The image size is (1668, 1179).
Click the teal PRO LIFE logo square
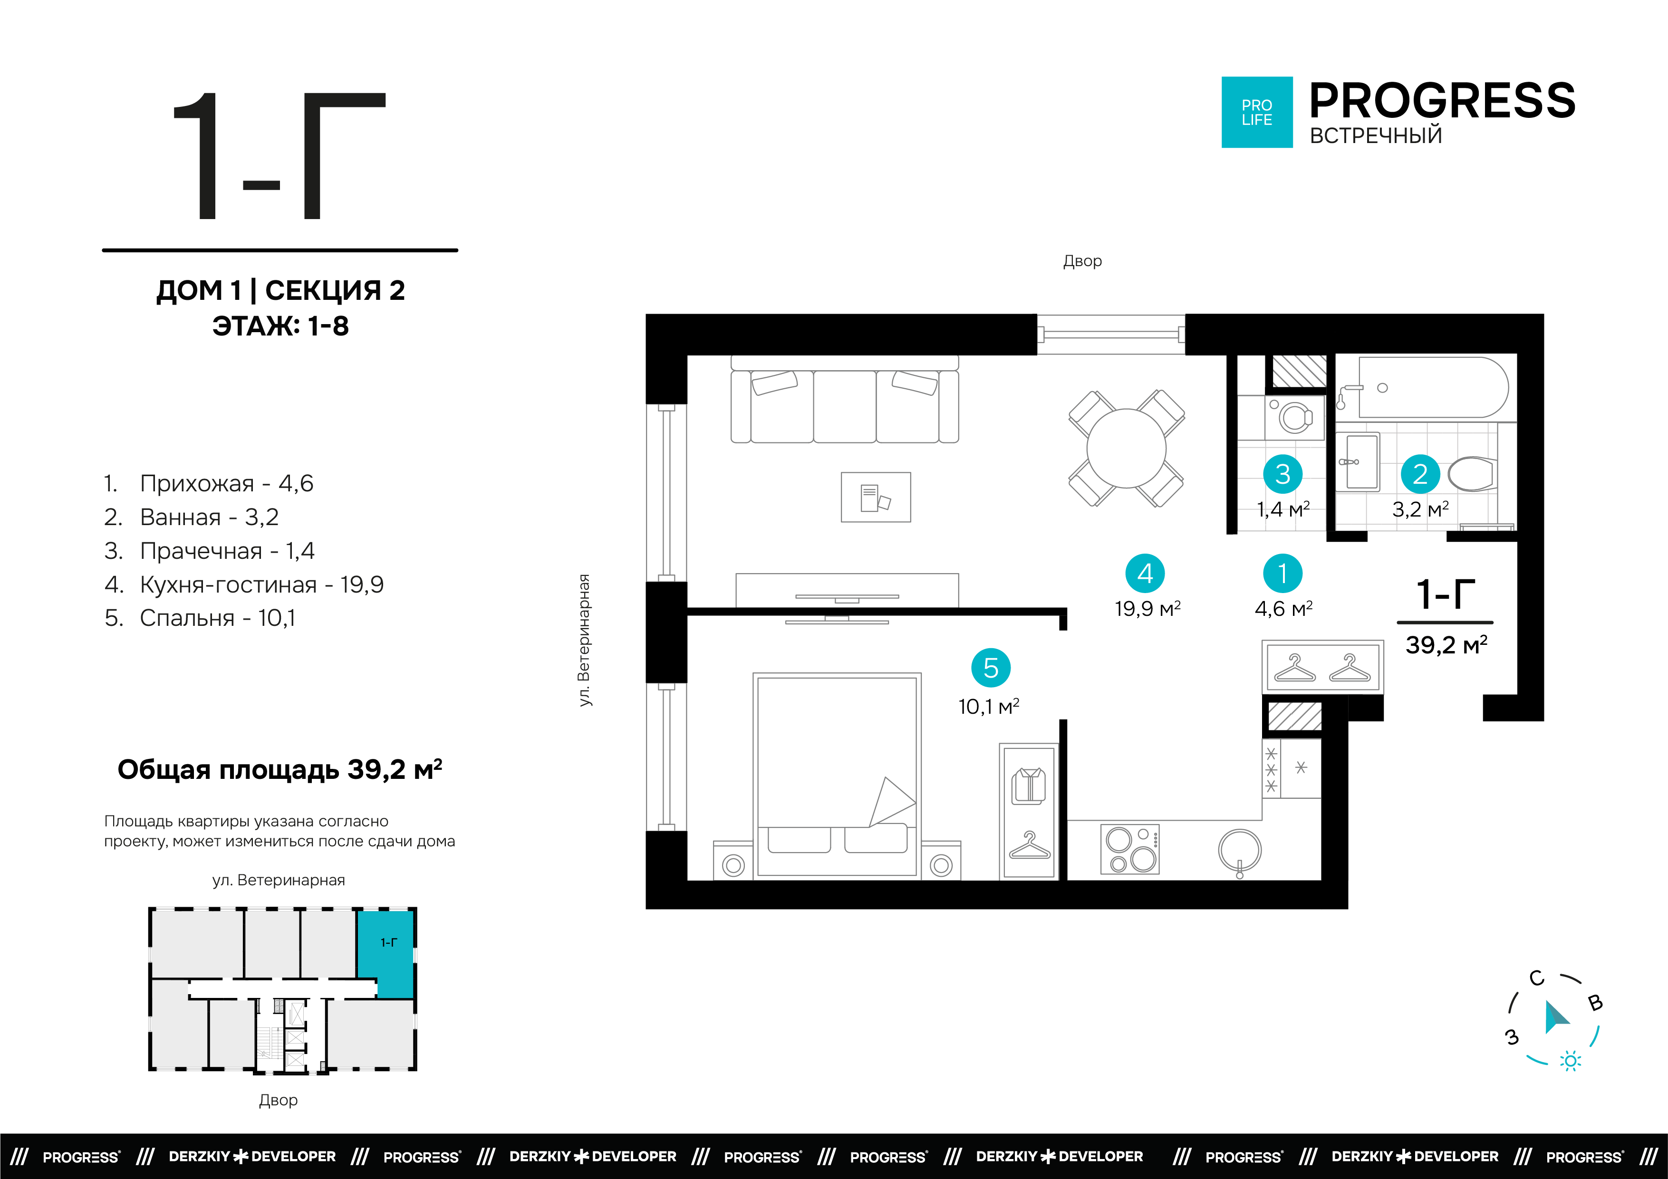(1257, 113)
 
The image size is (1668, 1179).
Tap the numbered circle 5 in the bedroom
(991, 668)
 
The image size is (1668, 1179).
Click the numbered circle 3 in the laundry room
(1283, 474)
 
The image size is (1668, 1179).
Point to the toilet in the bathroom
(1471, 474)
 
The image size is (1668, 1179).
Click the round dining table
(1126, 448)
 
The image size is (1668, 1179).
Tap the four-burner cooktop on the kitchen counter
(1130, 848)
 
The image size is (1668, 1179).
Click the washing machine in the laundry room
(1294, 418)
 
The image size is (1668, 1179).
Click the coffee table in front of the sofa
(876, 497)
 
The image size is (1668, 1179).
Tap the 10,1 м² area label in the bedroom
(989, 706)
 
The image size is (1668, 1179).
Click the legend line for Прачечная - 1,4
(209, 551)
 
